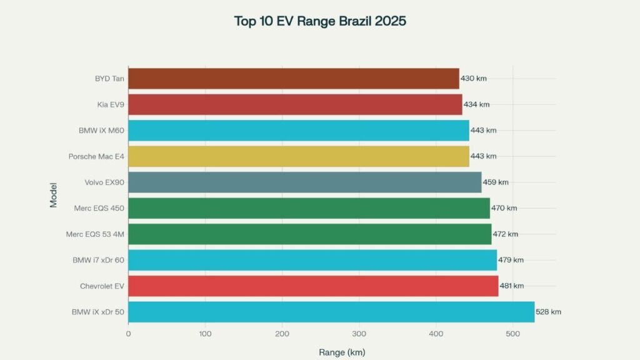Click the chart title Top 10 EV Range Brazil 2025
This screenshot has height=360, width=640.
320,21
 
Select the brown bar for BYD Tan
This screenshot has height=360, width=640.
293,79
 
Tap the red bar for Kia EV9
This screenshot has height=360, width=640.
295,104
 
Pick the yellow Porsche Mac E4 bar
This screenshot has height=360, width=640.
298,156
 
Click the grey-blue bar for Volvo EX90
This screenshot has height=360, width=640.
304,182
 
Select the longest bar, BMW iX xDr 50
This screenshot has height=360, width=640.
331,312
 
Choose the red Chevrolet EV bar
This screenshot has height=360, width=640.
312,286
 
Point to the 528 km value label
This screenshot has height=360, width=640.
549,312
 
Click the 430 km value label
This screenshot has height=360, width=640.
473,79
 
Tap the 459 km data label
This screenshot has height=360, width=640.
496,182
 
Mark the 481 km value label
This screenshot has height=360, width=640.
511,286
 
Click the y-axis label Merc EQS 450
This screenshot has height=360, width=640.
96,208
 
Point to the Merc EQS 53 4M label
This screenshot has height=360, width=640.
95,234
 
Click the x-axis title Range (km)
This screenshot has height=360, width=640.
342,352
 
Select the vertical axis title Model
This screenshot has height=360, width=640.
54,195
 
